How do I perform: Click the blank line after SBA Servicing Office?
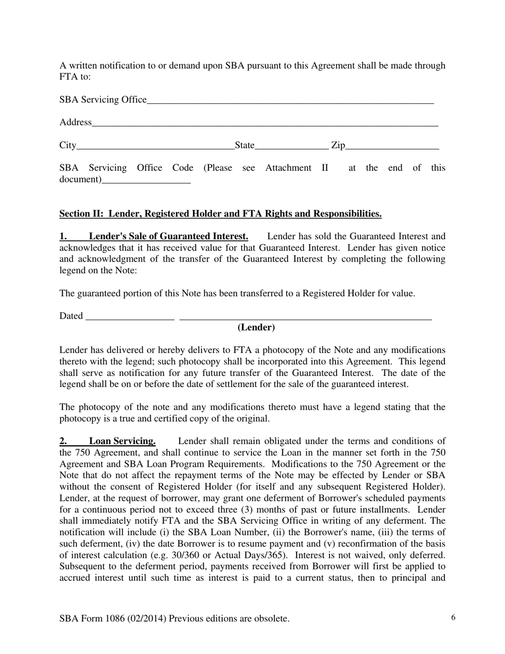point(290,100)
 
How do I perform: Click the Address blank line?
point(265,123)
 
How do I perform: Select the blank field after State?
point(291,146)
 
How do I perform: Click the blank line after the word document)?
point(146,180)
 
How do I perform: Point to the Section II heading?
point(220,214)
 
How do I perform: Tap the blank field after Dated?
point(130,317)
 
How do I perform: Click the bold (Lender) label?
point(256,328)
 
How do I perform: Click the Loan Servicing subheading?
point(122,441)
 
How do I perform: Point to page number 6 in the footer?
point(453,618)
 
